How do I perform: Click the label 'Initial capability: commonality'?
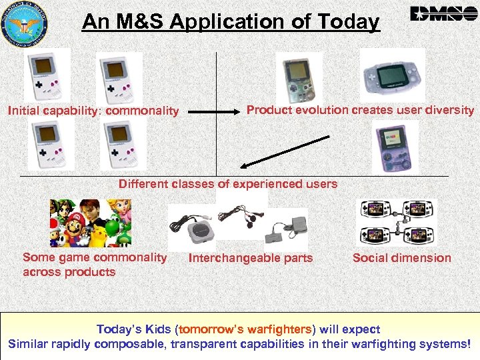click(93, 111)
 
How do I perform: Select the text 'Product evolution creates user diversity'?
click(360, 110)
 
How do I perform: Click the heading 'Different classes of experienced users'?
click(228, 183)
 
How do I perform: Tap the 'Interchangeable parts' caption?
click(251, 258)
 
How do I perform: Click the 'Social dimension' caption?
click(401, 257)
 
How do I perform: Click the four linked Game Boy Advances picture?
click(397, 223)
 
